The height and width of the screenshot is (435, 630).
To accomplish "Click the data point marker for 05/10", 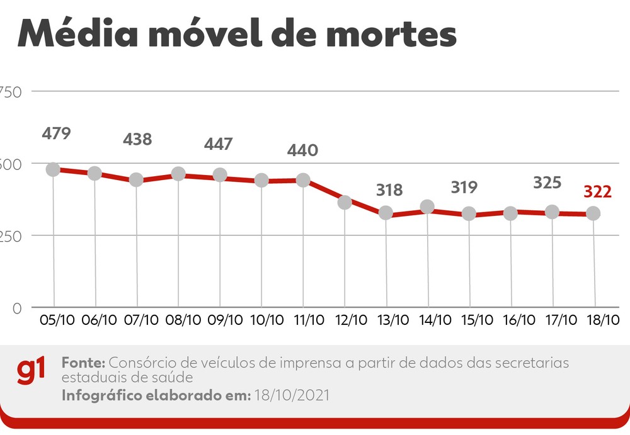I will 53,170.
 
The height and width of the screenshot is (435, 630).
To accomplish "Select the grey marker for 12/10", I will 345,202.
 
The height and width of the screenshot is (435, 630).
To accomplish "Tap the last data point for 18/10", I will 593,214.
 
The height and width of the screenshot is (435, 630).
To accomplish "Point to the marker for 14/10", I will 427,207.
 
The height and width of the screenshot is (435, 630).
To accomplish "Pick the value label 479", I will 56,133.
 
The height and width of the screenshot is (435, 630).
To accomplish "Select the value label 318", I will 389,190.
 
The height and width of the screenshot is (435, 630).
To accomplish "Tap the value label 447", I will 219,144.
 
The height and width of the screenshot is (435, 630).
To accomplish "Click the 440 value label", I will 302,151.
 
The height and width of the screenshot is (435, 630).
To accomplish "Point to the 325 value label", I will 547,183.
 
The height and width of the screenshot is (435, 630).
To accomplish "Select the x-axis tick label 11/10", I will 308,320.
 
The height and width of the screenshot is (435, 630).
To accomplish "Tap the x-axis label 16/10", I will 516,320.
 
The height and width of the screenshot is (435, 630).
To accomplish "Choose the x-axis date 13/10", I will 391,320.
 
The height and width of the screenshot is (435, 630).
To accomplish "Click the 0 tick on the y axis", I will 17,308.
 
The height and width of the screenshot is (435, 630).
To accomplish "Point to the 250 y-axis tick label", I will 11,236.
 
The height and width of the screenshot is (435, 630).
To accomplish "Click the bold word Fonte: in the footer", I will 84,363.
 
